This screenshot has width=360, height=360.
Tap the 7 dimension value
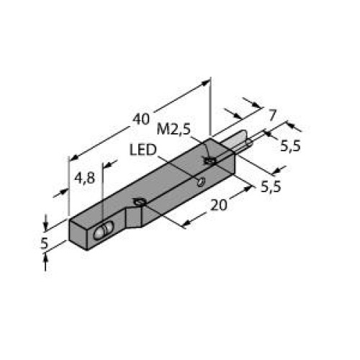click(271, 114)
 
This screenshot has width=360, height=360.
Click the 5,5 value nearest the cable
click(291, 146)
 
